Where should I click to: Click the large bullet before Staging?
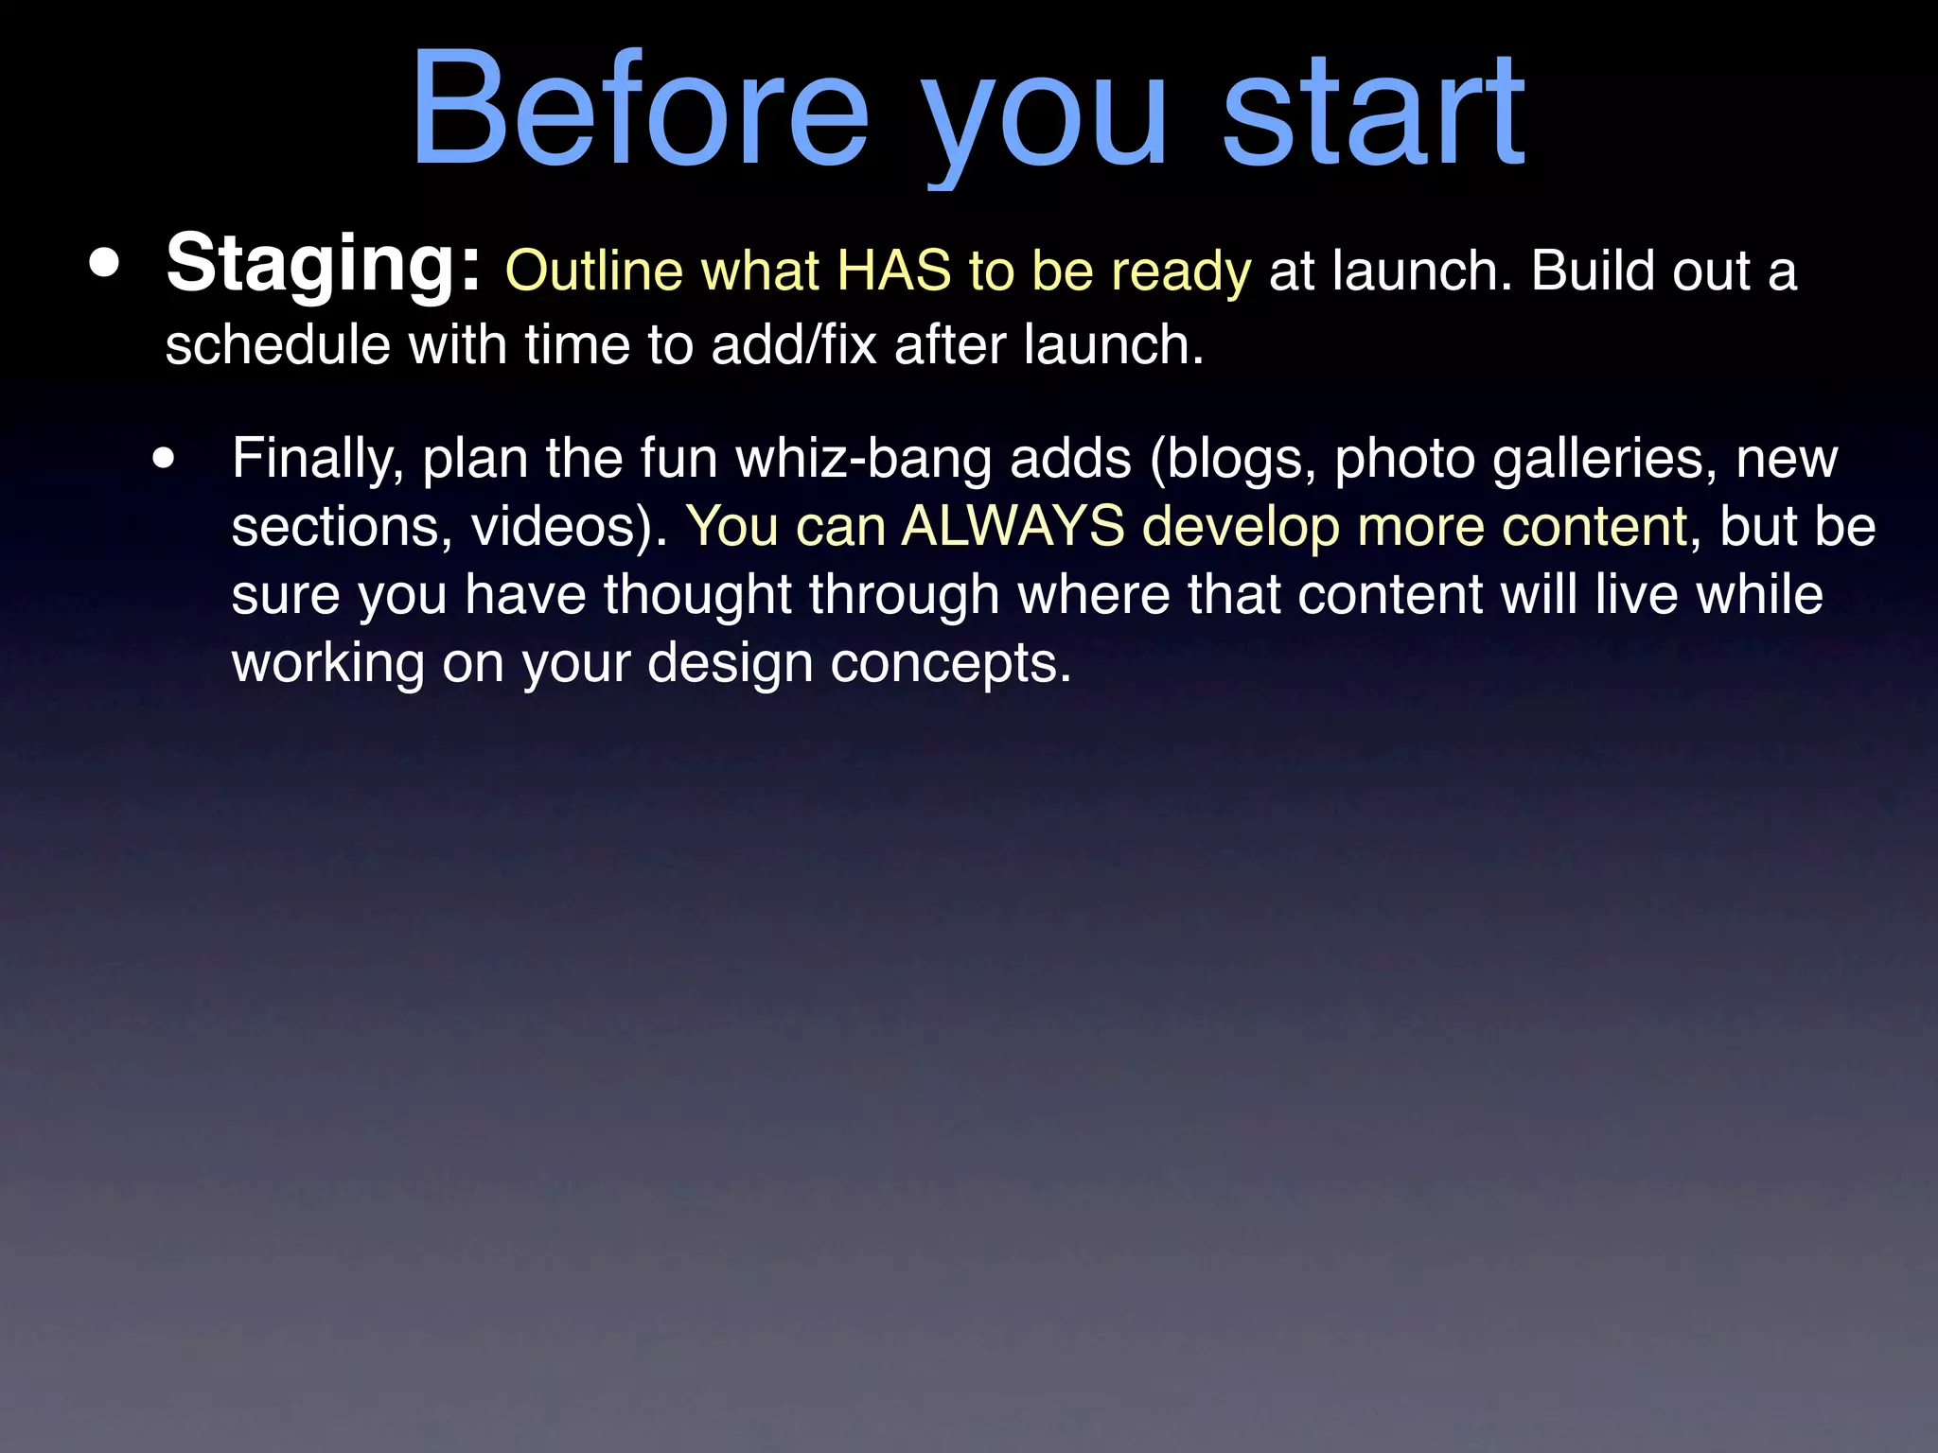tap(105, 265)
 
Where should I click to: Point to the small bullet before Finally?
tap(164, 460)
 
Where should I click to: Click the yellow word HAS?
tap(893, 271)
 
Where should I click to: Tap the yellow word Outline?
tap(594, 271)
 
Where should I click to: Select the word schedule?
tap(277, 344)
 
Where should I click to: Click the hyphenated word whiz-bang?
tap(864, 460)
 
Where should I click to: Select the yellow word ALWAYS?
tap(1013, 527)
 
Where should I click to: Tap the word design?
tap(730, 663)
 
